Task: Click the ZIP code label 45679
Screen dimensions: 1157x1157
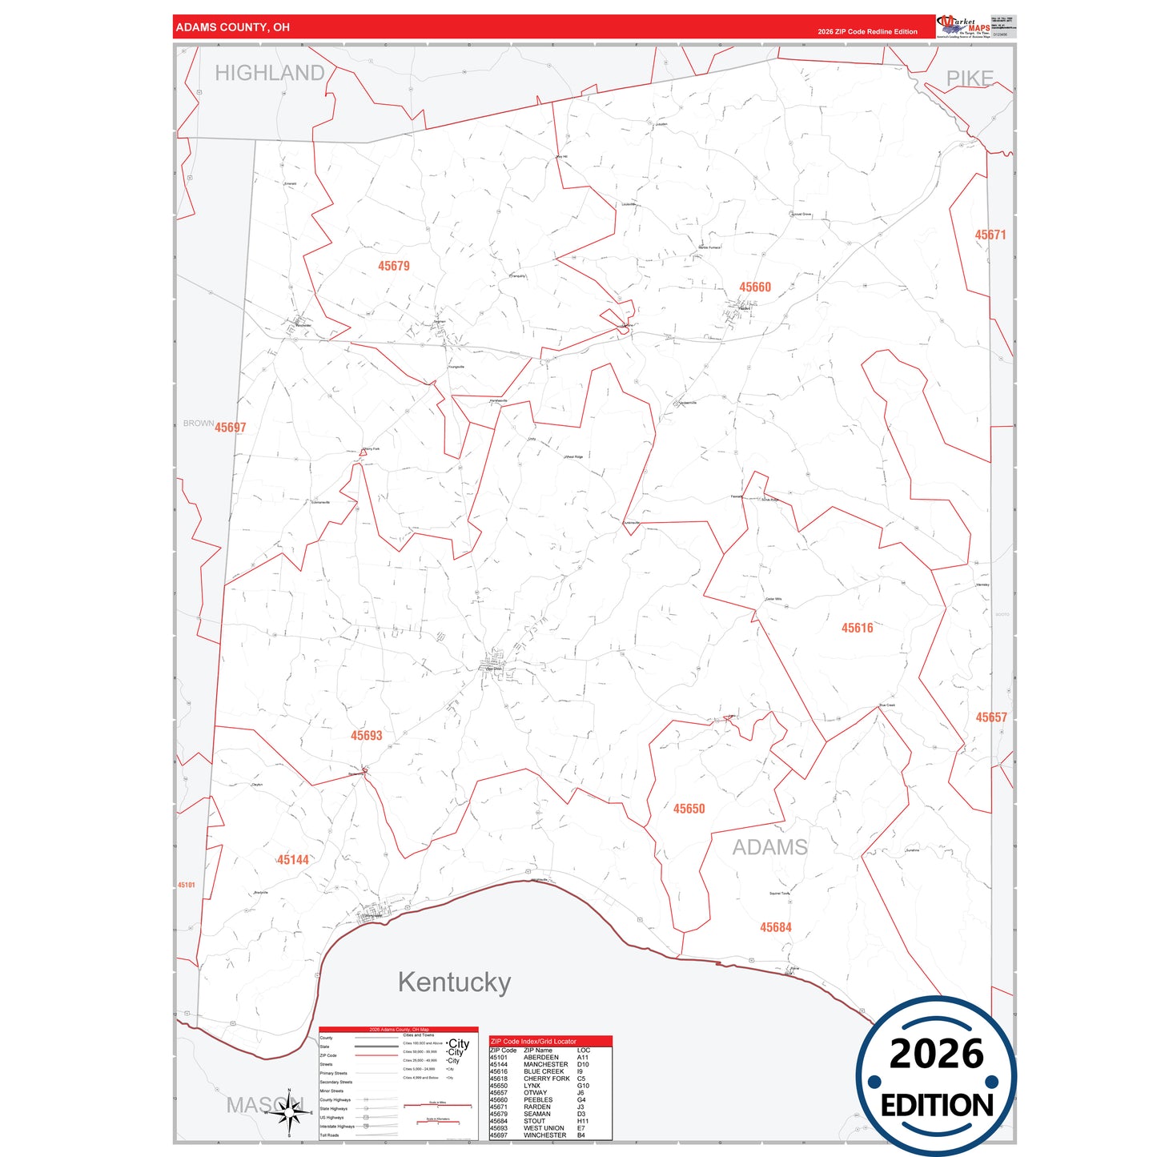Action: [x=394, y=266]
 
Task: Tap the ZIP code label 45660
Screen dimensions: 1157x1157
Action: [x=755, y=287]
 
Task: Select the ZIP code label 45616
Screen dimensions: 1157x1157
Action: [x=857, y=629]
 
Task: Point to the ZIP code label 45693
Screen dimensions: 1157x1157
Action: [x=367, y=736]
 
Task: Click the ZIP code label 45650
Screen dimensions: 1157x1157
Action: [x=689, y=809]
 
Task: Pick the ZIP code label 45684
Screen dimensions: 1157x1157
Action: [x=775, y=928]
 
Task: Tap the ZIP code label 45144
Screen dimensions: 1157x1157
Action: [x=293, y=860]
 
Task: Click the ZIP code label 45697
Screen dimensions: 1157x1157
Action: [x=231, y=428]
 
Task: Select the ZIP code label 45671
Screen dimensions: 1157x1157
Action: [x=990, y=235]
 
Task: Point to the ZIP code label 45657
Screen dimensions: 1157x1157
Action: [x=990, y=718]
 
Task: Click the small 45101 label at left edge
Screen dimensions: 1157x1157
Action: [x=186, y=885]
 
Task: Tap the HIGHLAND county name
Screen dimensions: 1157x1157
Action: [x=270, y=74]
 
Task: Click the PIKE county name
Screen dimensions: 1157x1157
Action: [x=970, y=78]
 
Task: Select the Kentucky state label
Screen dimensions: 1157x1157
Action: [x=454, y=982]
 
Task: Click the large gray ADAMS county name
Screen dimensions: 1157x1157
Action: [x=769, y=847]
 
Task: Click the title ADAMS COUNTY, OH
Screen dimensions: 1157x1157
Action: [x=233, y=27]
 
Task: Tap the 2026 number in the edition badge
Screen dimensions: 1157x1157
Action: [x=936, y=1055]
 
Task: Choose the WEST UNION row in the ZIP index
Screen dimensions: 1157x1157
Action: [x=544, y=1128]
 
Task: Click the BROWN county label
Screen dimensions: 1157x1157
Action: [x=198, y=424]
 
